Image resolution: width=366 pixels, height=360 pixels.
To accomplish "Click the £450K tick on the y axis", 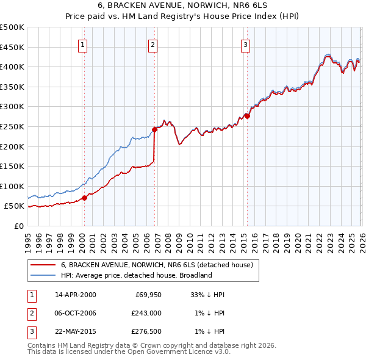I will (12, 47).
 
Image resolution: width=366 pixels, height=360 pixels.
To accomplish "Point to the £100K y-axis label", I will (12, 186).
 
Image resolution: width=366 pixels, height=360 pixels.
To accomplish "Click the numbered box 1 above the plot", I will (82, 44).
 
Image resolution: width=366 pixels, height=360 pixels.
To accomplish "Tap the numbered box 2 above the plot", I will (152, 44).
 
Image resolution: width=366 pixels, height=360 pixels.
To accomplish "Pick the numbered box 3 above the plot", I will (245, 44).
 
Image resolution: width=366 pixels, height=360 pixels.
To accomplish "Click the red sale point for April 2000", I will (84, 198).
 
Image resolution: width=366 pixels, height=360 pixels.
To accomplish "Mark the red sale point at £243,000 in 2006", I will (154, 129).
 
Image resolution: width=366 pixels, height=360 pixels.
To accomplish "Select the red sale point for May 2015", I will (247, 115).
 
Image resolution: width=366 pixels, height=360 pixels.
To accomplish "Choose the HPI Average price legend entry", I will (135, 275).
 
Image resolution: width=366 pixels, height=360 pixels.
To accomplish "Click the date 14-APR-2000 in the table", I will (75, 295).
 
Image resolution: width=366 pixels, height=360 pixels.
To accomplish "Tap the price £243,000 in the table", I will (146, 313).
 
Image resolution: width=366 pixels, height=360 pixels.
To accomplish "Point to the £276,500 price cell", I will (146, 331).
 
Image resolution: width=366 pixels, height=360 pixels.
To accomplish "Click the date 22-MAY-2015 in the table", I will (75, 331).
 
